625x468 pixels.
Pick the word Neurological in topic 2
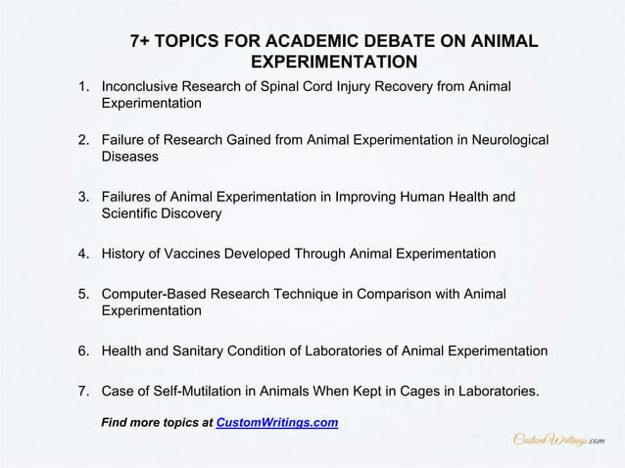coord(505,140)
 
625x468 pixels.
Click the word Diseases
coord(129,157)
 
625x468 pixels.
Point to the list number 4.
coord(84,254)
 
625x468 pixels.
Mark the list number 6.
coord(84,351)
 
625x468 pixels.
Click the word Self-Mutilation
coord(205,392)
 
